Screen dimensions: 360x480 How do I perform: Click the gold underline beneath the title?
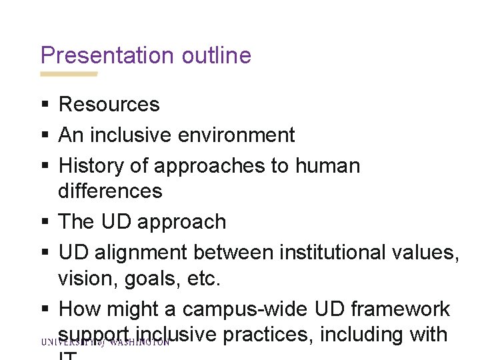[x=69, y=74]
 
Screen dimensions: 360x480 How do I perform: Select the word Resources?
[x=109, y=104]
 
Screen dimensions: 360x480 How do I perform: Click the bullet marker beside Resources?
[x=44, y=105]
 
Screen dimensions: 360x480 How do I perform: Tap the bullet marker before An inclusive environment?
[x=44, y=135]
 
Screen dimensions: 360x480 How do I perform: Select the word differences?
[x=110, y=191]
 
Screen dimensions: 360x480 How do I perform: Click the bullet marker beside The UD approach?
[x=44, y=222]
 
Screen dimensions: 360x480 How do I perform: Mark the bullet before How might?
[x=44, y=310]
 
